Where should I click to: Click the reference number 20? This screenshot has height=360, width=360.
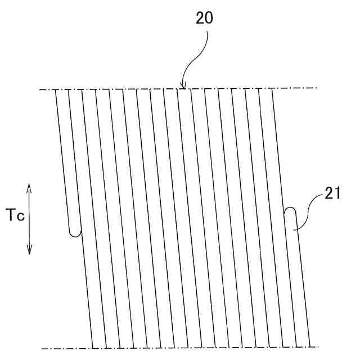204,19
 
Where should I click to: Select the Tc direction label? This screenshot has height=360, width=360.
15,215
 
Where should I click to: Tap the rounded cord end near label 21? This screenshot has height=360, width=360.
290,212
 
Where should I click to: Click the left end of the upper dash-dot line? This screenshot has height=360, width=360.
41,89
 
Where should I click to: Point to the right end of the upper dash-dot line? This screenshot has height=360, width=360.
316,88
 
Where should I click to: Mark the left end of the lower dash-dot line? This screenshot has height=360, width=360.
41,348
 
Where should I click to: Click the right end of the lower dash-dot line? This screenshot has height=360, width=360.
316,348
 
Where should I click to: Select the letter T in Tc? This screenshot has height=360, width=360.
11,215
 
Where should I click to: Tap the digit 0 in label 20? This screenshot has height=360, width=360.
209,19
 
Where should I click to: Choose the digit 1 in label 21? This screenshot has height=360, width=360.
339,195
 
